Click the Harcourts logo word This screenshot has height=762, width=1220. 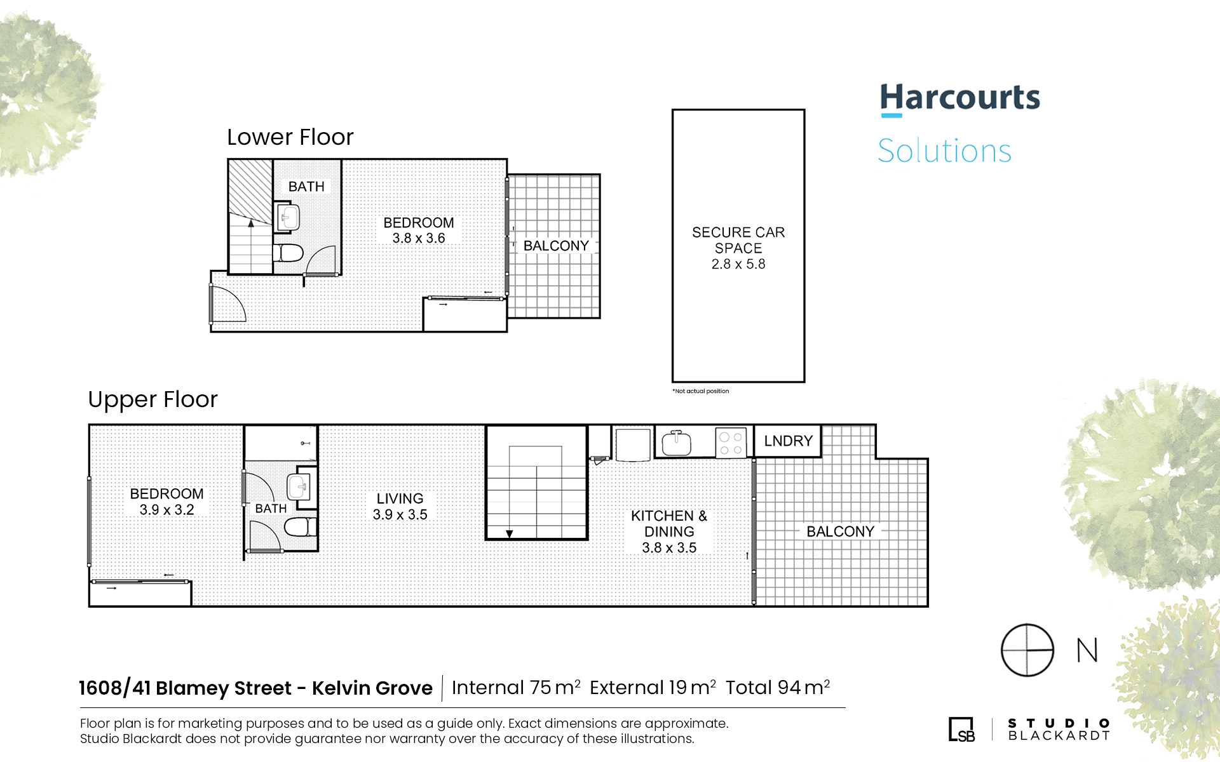[x=959, y=98]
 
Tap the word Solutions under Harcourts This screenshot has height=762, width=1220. [x=944, y=151]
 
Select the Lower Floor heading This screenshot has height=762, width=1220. [x=290, y=137]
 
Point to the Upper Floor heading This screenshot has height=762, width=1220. [x=152, y=399]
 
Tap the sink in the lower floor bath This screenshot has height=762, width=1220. [x=288, y=217]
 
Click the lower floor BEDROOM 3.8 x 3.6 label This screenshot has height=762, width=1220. [x=419, y=231]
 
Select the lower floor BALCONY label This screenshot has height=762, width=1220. [x=556, y=246]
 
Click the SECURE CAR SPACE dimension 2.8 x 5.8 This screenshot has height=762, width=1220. [x=738, y=264]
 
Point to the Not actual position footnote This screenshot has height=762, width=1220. [x=701, y=391]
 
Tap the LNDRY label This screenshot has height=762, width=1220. [x=789, y=441]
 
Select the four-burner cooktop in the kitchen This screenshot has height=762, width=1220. [x=731, y=443]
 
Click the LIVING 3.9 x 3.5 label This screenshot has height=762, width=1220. [x=400, y=507]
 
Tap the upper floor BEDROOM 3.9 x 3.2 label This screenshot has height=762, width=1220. [x=166, y=502]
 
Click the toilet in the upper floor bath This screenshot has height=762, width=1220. [x=300, y=526]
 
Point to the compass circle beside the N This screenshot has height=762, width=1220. [x=1027, y=650]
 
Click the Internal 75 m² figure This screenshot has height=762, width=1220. [x=516, y=688]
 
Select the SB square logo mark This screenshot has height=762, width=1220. [x=961, y=730]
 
